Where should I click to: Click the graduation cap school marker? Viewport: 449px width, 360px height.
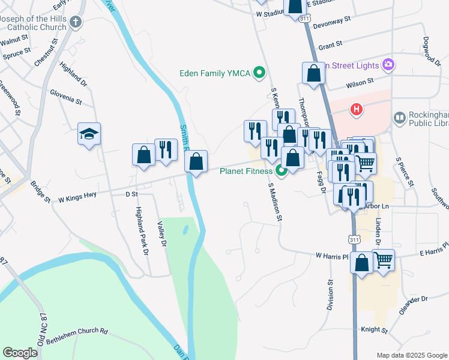click(89, 134)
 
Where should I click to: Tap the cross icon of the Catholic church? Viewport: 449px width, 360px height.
click(75, 23)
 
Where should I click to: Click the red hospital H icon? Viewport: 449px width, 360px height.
click(357, 109)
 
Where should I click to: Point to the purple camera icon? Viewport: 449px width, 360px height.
click(389, 65)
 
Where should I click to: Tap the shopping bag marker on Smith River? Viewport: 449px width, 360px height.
click(196, 161)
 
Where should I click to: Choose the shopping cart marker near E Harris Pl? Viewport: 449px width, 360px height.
click(383, 260)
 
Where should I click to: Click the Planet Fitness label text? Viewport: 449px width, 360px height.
click(246, 171)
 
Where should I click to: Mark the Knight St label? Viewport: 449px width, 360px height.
click(375, 329)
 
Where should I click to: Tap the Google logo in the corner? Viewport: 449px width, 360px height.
click(20, 353)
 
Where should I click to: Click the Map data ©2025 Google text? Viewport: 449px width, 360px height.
click(411, 355)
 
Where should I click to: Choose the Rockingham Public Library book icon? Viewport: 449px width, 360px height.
click(400, 117)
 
